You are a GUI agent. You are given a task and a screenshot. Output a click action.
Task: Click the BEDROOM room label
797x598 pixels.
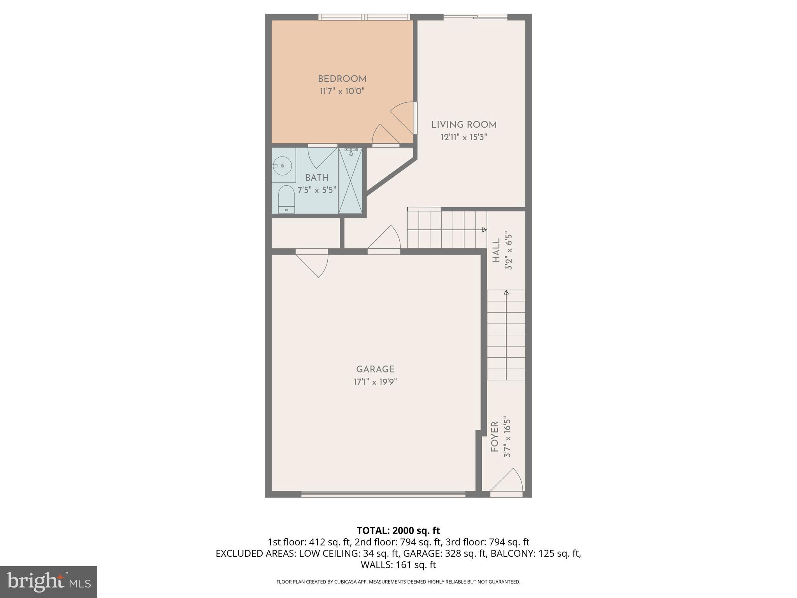click(342, 79)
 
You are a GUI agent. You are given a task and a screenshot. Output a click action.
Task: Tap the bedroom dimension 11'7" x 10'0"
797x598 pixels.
click(342, 91)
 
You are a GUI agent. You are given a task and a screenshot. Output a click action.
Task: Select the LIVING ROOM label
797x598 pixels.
click(463, 125)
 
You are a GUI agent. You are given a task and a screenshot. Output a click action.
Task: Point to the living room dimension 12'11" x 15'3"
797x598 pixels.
click(463, 137)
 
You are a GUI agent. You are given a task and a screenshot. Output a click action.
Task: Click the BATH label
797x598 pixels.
click(317, 178)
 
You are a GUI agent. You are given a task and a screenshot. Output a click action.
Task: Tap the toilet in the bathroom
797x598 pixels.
click(286, 199)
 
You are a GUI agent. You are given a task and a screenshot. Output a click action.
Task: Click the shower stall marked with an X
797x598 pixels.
click(351, 181)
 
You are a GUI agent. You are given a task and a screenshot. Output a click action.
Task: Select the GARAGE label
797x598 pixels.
click(375, 369)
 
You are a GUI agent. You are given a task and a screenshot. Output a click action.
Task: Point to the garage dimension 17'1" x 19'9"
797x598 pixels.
click(375, 382)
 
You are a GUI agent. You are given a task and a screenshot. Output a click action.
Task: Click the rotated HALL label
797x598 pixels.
click(496, 251)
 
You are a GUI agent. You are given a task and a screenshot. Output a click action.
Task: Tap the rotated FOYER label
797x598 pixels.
click(495, 437)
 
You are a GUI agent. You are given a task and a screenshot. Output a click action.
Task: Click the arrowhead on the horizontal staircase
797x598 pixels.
click(485, 230)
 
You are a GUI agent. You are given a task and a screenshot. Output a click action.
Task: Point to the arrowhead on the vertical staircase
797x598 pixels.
click(506, 292)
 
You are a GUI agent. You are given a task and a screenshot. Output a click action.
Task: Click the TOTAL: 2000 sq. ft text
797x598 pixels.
click(398, 531)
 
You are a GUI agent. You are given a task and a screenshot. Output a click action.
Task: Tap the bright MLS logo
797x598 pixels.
click(48, 582)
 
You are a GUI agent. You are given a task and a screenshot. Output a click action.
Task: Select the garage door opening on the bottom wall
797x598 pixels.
click(383, 494)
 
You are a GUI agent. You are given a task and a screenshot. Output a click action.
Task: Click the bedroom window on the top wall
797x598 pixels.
click(364, 17)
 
